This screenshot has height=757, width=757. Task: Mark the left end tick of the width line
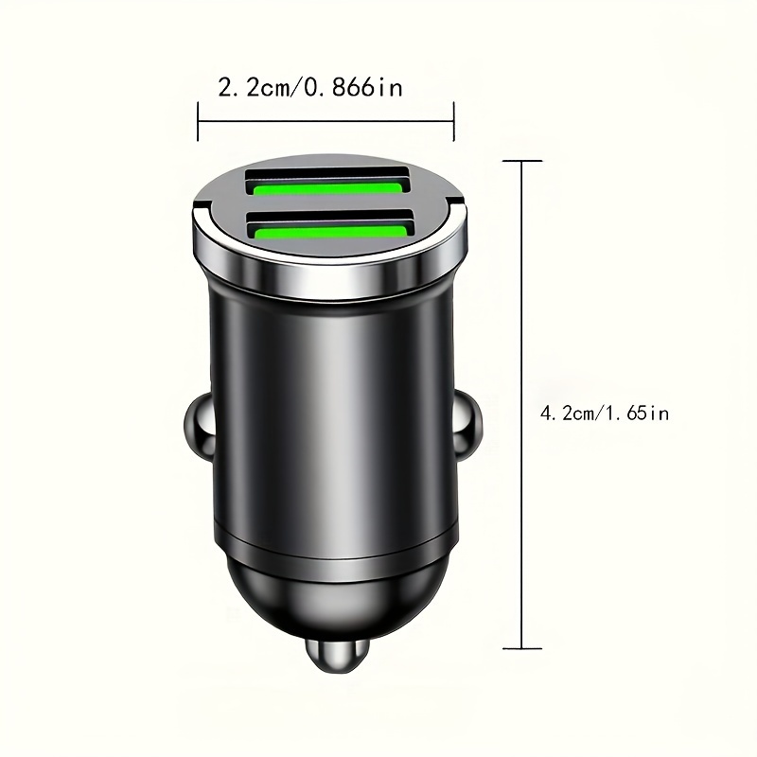[198, 121]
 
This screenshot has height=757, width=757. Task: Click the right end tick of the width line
[455, 121]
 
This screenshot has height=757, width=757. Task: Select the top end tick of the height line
[521, 162]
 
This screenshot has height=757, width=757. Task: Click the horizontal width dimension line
[326, 121]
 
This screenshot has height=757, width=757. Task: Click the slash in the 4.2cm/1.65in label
[602, 414]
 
